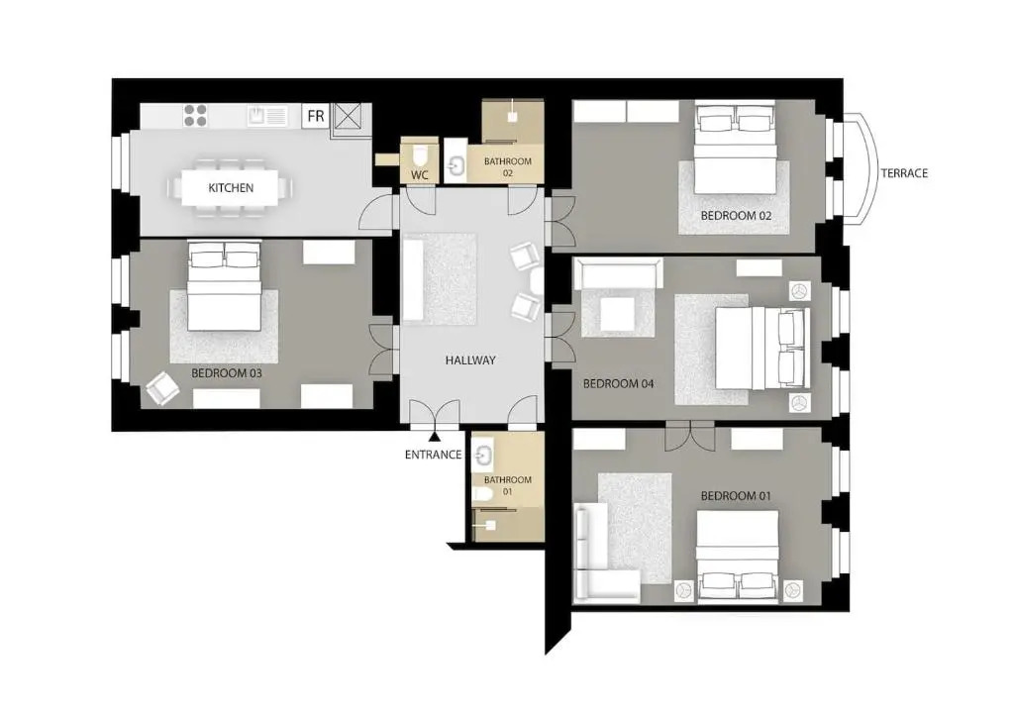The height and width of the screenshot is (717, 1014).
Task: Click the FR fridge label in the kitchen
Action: tap(316, 117)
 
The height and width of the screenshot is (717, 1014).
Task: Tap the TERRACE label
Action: tap(904, 173)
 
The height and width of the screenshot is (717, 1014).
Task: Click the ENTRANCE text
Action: tap(434, 455)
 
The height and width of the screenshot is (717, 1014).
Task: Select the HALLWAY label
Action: tap(470, 360)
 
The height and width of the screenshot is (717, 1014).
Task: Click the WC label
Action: tap(420, 175)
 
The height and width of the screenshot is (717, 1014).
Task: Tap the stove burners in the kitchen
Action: tap(195, 116)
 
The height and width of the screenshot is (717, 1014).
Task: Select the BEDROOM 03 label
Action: tap(227, 373)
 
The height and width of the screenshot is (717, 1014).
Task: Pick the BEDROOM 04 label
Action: tap(618, 383)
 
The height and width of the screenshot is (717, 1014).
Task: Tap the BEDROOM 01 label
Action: tap(736, 496)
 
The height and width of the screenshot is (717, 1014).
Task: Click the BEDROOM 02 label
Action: tap(736, 215)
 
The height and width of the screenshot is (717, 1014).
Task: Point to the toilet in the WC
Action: tap(420, 155)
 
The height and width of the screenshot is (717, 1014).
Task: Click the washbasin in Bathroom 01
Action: tap(483, 454)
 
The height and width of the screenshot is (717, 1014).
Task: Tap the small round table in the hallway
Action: tap(536, 281)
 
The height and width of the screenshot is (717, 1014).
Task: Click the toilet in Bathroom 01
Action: tap(482, 495)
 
